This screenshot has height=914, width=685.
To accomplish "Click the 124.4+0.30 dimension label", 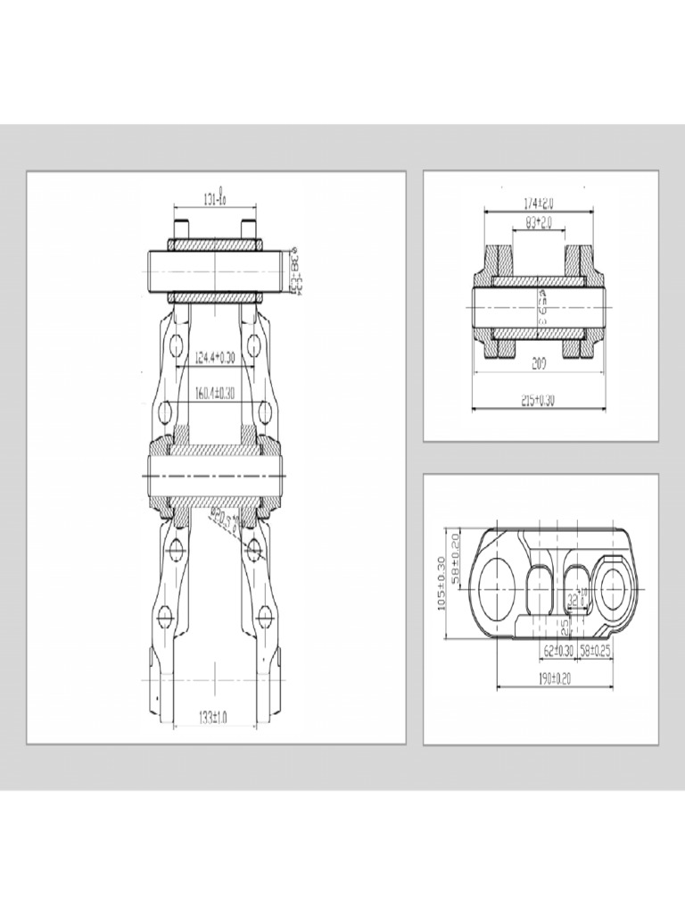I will pyautogui.click(x=215, y=359).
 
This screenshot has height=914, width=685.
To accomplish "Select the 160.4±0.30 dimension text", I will pyautogui.click(x=215, y=393).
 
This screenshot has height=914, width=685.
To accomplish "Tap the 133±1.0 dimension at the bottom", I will pyautogui.click(x=214, y=717).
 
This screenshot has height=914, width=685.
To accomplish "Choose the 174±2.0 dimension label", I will pyautogui.click(x=538, y=203).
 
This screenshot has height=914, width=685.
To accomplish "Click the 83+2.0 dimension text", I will pyautogui.click(x=539, y=220).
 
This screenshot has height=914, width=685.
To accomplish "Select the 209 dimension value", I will pyautogui.click(x=538, y=365).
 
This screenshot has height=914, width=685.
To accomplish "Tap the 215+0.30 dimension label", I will pyautogui.click(x=538, y=402).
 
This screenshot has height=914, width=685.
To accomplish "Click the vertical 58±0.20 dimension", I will pyautogui.click(x=457, y=559).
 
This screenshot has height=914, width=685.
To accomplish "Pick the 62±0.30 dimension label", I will pyautogui.click(x=557, y=652).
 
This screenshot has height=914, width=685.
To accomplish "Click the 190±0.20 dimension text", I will pyautogui.click(x=555, y=679).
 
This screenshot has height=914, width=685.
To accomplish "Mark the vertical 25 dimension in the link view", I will pyautogui.click(x=565, y=627).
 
